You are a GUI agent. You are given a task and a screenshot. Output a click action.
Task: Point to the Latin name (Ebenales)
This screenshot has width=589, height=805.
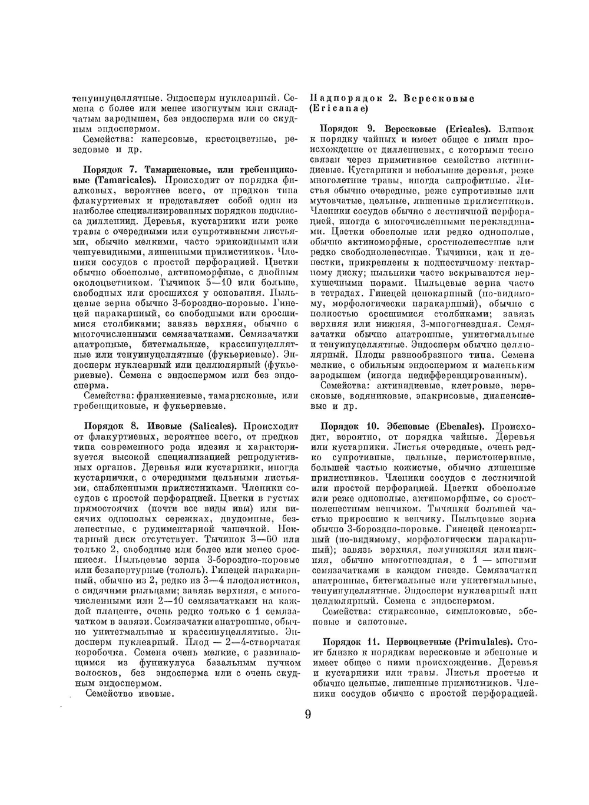(459, 425)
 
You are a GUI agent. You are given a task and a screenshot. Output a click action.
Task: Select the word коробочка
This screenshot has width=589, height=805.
(100, 653)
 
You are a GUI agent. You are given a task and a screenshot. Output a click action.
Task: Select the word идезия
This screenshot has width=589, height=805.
(189, 447)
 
